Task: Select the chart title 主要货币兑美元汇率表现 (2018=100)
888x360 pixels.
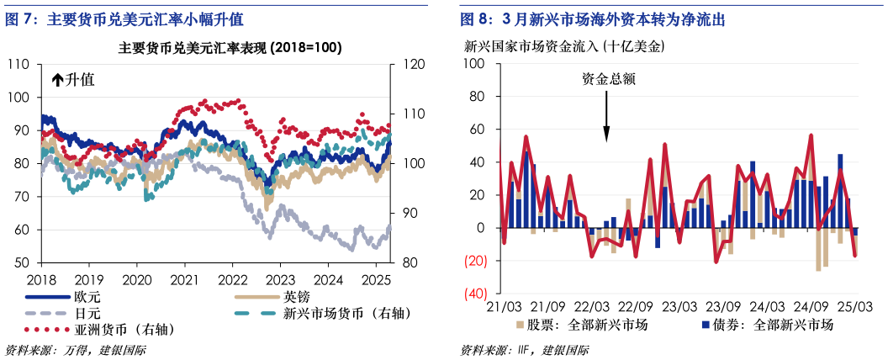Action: [230, 48]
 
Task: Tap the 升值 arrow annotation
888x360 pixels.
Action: [73, 80]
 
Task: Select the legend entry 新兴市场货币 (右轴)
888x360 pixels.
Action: [346, 313]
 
